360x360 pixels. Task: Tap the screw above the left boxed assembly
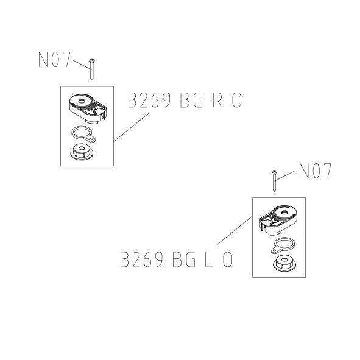coord(91,69)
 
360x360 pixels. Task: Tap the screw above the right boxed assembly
coord(275,181)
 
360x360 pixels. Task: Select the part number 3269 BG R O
coord(185,101)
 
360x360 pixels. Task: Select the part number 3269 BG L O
coord(176,260)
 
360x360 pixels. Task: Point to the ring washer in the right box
coord(281,245)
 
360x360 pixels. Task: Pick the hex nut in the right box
coord(283,264)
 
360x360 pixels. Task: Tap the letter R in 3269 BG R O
coord(217,101)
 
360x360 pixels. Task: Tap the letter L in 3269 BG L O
coord(207,260)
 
